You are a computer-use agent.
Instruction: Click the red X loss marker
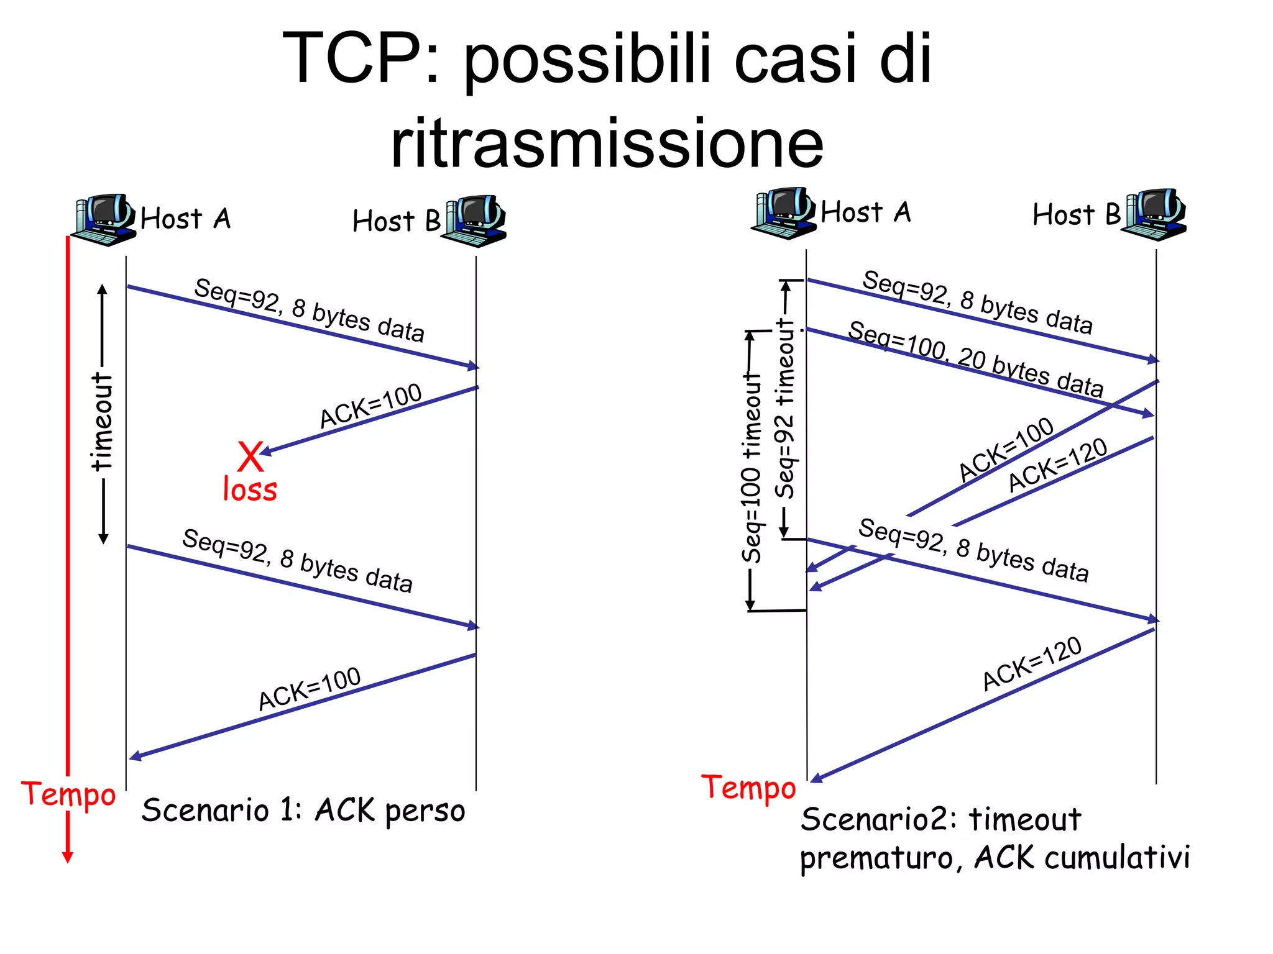250,457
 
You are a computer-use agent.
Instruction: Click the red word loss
250,489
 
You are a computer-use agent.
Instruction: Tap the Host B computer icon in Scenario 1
476,221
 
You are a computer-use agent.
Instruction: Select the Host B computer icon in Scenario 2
1156,214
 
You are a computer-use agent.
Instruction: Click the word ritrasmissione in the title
607,143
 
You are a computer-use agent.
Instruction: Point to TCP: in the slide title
361,59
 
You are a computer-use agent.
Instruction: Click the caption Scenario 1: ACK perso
303,811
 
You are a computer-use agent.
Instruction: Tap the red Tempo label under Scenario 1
68,795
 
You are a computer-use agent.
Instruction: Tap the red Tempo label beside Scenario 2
748,788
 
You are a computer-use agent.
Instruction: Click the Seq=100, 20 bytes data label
976,359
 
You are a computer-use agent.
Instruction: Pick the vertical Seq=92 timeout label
786,409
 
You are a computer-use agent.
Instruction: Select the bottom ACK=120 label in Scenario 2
1032,663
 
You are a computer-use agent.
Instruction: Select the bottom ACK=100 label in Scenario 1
310,688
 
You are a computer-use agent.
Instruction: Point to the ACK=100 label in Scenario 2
1006,450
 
